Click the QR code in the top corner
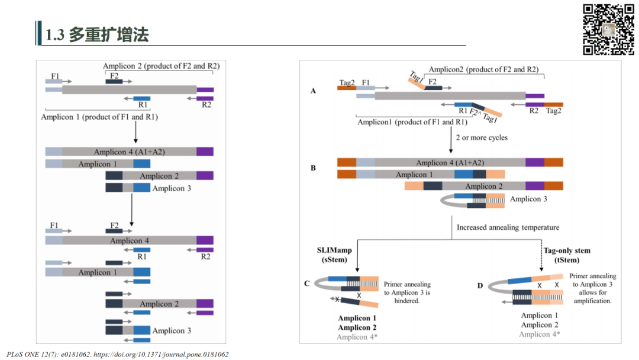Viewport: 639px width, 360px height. click(x=608, y=30)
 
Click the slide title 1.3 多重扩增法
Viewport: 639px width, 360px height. click(x=97, y=35)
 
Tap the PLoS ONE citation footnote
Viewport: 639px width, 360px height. click(x=117, y=354)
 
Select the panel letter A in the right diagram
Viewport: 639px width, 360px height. click(x=313, y=91)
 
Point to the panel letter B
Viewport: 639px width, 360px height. click(x=313, y=168)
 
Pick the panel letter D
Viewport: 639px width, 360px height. click(x=480, y=286)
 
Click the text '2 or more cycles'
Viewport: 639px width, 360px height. click(x=482, y=137)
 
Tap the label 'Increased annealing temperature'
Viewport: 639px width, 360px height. click(x=508, y=227)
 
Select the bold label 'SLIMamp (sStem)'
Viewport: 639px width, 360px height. click(x=334, y=255)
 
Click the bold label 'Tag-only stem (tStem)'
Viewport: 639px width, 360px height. click(x=567, y=255)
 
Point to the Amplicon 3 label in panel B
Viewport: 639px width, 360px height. click(x=528, y=199)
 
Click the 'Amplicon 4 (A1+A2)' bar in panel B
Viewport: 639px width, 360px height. click(x=450, y=163)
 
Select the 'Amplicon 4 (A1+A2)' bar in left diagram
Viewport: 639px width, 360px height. click(x=129, y=152)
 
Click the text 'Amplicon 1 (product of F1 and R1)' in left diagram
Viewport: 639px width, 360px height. click(x=99, y=117)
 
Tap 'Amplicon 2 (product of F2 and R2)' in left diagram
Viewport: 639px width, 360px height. click(x=161, y=66)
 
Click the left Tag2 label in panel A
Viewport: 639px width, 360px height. click(x=347, y=82)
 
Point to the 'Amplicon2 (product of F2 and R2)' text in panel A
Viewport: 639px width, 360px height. click(x=483, y=69)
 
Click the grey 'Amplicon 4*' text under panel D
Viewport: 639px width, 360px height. click(x=540, y=334)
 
